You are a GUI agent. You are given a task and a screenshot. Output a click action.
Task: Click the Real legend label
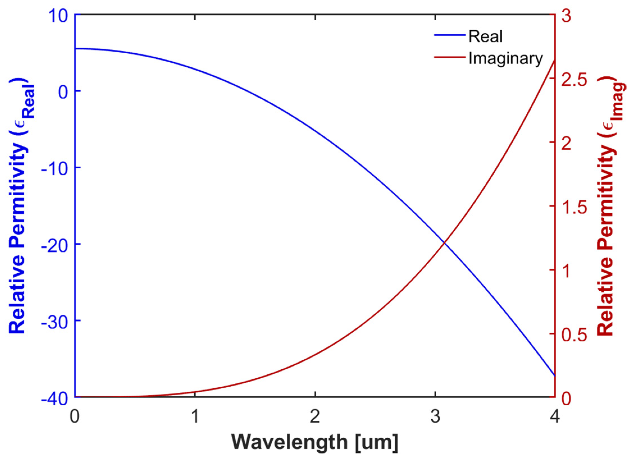(485, 36)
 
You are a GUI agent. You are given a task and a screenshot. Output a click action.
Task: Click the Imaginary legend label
(505, 59)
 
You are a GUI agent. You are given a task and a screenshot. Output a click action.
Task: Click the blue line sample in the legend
(450, 35)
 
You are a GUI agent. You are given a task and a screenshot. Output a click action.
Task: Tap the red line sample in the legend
(450, 57)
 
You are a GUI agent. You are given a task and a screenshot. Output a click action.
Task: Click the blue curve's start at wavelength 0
(76, 49)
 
